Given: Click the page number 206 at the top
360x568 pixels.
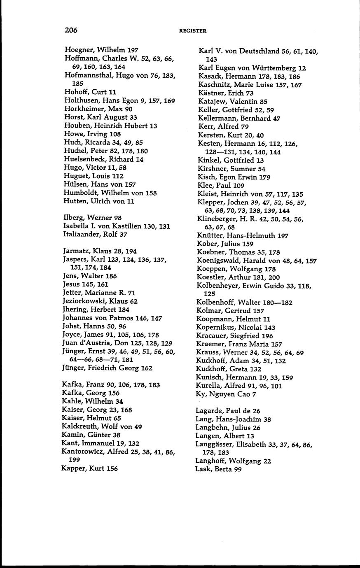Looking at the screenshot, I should tap(71, 30).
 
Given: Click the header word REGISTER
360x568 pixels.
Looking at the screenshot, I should tap(193, 30).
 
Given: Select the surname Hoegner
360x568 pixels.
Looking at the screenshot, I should tap(79, 50).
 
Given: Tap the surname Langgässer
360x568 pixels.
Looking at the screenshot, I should tap(215, 445).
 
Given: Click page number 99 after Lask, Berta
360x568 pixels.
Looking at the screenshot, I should tap(237, 470).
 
